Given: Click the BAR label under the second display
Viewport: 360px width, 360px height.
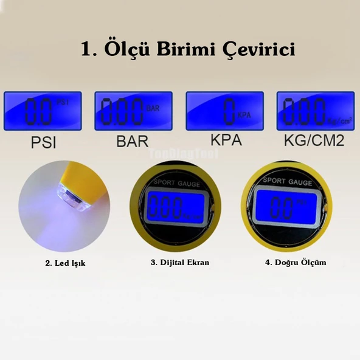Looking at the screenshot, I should click(132, 141).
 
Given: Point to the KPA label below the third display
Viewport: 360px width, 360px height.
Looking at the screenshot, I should click(226, 140).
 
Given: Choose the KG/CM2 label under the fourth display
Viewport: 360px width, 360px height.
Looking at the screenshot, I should click(314, 141).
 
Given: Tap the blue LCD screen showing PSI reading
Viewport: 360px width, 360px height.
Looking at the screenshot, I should click(43, 111).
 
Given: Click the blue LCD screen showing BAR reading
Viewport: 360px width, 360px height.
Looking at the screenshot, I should click(133, 111).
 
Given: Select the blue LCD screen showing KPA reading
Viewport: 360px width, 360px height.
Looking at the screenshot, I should click(225, 111).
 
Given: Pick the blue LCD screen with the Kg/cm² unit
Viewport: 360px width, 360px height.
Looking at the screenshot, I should click(316, 111).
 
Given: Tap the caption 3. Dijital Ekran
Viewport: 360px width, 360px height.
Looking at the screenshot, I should click(179, 263).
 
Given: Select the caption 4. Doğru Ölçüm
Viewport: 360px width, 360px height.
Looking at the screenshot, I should click(296, 263).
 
